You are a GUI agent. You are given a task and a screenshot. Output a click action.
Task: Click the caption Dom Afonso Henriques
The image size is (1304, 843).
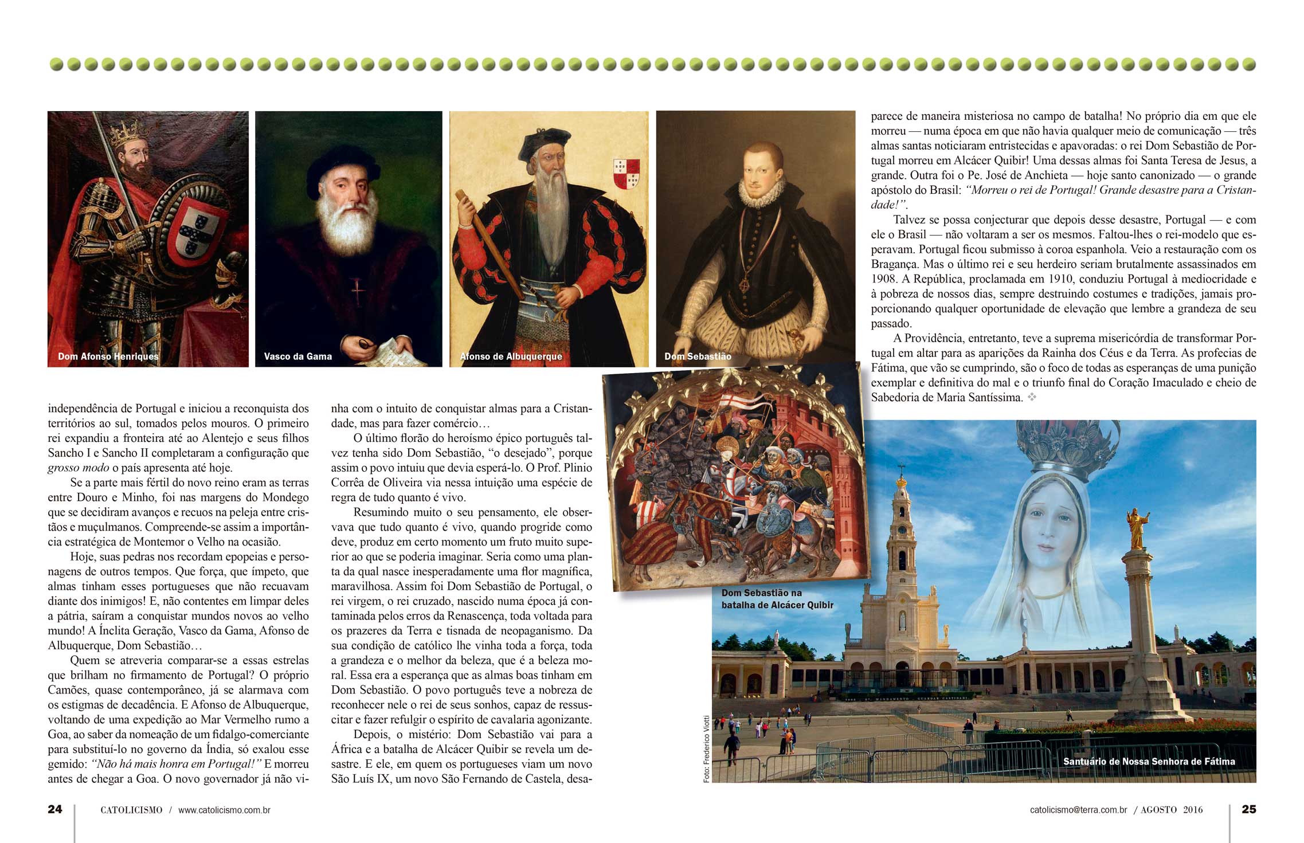pos(108,356)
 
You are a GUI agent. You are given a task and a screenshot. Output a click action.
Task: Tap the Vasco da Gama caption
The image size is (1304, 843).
pos(297,356)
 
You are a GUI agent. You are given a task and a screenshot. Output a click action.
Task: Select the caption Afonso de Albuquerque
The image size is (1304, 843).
pos(511,356)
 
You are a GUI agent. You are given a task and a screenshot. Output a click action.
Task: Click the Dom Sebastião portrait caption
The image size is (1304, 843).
pos(698,356)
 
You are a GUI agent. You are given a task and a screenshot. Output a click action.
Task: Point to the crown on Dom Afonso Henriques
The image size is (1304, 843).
pos(127,133)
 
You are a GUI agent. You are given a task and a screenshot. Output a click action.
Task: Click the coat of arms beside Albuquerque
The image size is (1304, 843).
pos(626,173)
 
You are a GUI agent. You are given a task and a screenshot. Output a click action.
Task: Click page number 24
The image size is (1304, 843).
pos(55,809)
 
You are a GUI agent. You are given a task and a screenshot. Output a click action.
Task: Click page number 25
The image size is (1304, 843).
pos(1248,809)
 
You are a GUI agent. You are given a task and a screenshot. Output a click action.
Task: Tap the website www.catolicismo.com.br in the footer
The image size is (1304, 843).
pos(224,810)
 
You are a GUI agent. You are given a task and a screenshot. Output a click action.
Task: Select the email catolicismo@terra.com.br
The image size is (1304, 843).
pos(1078,810)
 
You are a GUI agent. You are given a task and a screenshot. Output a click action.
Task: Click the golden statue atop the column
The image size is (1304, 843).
pos(1137,528)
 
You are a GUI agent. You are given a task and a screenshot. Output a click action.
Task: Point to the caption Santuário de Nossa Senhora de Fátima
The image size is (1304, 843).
pos(1149,762)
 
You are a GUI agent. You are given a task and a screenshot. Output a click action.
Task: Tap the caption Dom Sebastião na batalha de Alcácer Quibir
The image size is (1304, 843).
pos(777,599)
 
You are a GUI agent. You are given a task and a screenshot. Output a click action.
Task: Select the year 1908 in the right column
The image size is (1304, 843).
pos(883,279)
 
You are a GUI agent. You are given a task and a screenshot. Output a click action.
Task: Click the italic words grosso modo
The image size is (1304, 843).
pos(78,468)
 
